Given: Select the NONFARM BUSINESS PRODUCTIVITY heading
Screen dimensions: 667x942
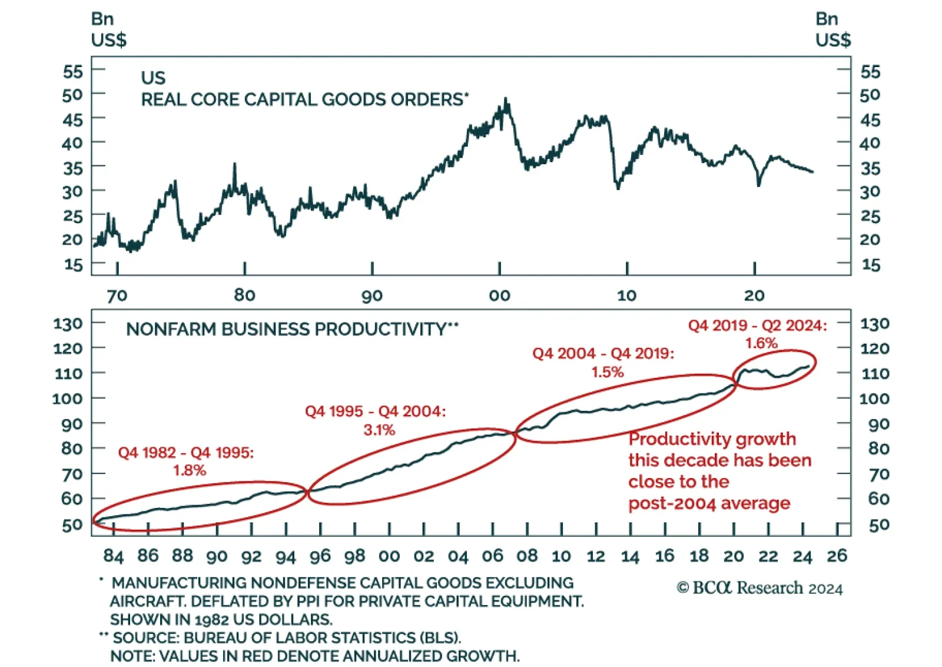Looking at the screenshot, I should tap(286, 328).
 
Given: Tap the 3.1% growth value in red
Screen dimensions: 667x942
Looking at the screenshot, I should tap(379, 430).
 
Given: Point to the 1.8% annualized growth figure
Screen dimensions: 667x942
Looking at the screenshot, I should tap(190, 470).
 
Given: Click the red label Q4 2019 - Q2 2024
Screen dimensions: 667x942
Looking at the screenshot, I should tap(757, 326).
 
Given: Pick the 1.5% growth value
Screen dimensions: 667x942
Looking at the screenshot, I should tap(608, 372).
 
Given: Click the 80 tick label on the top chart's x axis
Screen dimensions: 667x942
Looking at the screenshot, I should tap(244, 295).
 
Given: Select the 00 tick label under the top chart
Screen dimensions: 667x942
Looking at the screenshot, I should tap(499, 296).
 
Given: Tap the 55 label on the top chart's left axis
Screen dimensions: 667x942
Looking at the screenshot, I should tap(73, 72).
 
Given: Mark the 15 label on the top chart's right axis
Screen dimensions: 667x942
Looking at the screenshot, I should tap(870, 265).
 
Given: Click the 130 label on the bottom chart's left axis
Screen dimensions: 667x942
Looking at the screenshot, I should tap(68, 324).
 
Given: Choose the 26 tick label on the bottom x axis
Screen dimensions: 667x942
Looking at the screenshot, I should tap(837, 556).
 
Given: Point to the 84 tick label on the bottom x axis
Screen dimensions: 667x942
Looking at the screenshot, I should tap(114, 556).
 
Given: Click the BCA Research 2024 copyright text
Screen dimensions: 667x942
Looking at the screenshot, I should tap(759, 588).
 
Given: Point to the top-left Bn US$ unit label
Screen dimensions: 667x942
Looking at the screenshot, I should tap(108, 29).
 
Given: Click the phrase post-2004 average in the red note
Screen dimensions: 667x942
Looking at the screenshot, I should tap(709, 503).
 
